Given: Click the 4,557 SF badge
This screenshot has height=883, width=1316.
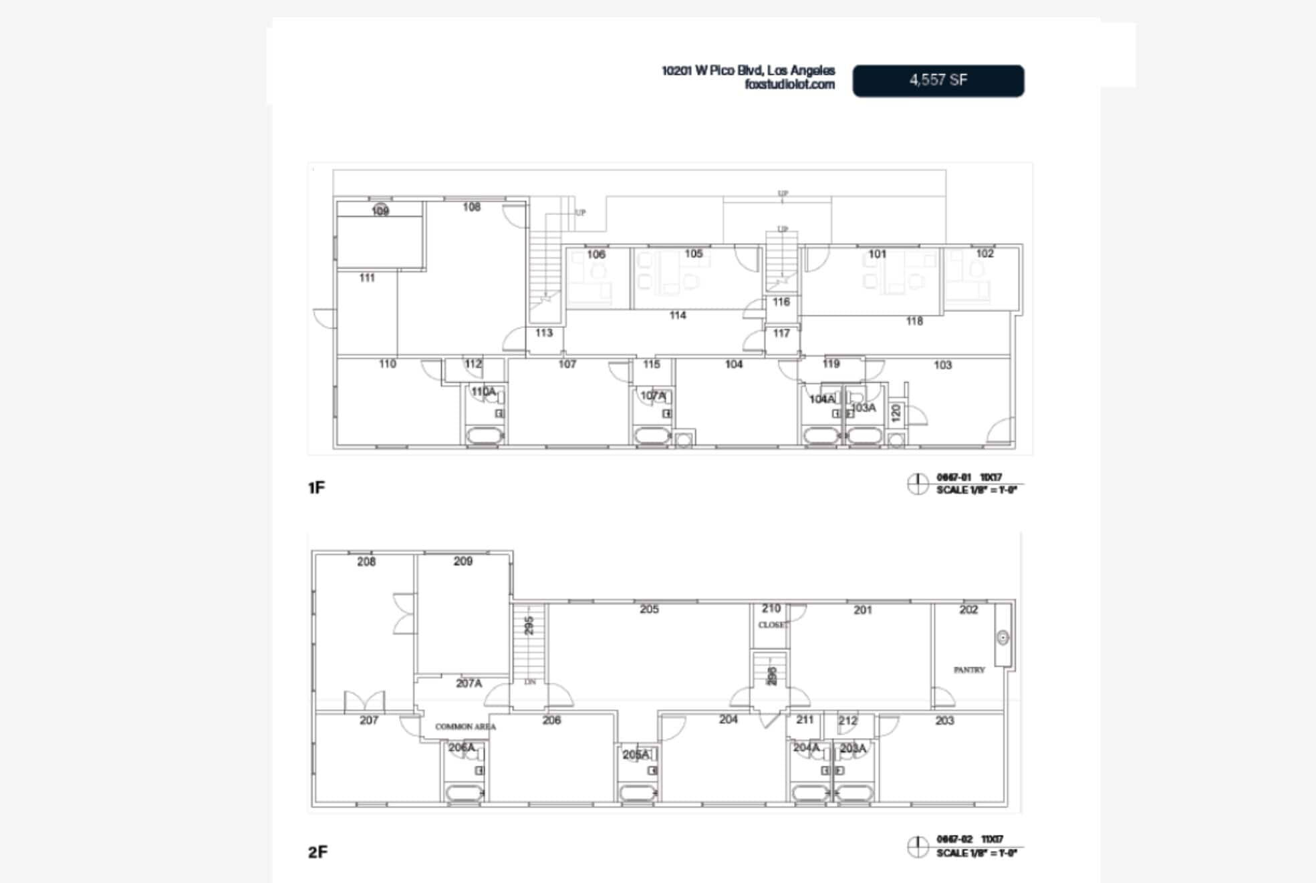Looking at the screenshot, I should click(938, 81).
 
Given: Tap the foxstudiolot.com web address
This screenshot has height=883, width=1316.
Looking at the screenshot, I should click(789, 84).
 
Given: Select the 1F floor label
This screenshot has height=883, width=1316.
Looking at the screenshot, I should click(316, 488).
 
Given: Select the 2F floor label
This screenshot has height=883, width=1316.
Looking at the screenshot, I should click(317, 852).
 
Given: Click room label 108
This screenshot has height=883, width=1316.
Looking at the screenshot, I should click(471, 207).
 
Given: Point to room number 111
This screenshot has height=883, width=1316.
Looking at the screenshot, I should click(367, 278).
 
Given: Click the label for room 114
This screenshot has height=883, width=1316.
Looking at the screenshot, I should click(677, 315).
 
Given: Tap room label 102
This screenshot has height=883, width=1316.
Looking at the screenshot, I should click(984, 254).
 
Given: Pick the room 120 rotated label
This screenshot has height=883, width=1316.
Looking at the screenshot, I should click(896, 413).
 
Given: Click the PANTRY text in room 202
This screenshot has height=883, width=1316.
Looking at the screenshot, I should click(969, 670).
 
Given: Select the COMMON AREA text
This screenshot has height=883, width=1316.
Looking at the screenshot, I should click(465, 727).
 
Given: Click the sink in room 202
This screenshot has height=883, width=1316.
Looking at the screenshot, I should click(1003, 638).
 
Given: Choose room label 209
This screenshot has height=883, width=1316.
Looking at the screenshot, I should click(463, 562).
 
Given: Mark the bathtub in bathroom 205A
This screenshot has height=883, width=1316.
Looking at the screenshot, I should click(638, 793).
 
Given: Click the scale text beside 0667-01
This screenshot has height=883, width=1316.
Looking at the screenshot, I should click(976, 490).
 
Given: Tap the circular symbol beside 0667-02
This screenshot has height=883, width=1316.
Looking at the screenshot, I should click(918, 846).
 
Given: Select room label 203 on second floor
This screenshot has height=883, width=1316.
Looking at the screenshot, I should click(944, 721).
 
